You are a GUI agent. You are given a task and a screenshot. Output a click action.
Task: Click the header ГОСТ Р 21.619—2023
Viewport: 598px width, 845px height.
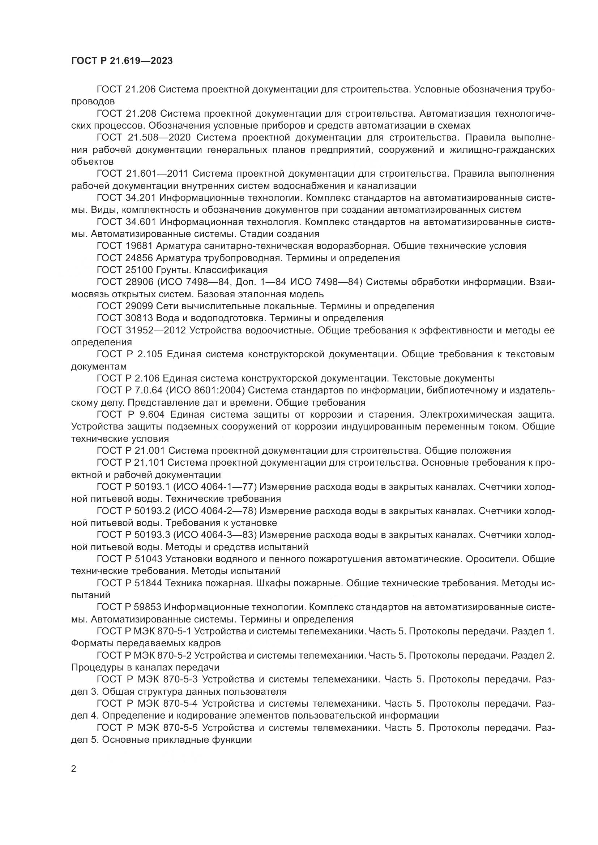[x=122, y=61]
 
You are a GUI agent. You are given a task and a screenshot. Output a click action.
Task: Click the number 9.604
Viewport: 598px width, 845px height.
[x=155, y=414]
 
